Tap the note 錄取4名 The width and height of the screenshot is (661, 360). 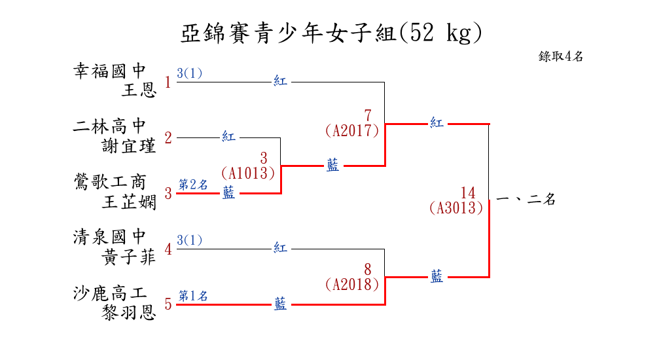pyautogui.click(x=561, y=56)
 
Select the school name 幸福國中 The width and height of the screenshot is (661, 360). pyautogui.click(x=110, y=71)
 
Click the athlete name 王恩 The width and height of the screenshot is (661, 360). pyautogui.click(x=139, y=90)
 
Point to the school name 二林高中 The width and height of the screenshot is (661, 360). pyautogui.click(x=110, y=126)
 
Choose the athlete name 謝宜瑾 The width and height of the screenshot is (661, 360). pyautogui.click(x=129, y=145)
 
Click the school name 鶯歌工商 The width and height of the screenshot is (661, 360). pyautogui.click(x=110, y=182)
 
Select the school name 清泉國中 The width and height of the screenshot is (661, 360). pyautogui.click(x=110, y=237)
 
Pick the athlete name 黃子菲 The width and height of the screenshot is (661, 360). pyautogui.click(x=129, y=257)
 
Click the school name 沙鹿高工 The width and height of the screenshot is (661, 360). pyautogui.click(x=110, y=293)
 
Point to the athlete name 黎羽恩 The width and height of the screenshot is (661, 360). pyautogui.click(x=129, y=312)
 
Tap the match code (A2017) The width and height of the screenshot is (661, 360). pyautogui.click(x=352, y=131)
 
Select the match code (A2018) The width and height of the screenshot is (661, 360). pyautogui.click(x=352, y=284)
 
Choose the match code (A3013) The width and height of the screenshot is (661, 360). pyautogui.click(x=456, y=208)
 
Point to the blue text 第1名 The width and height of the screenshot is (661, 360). pyautogui.click(x=193, y=296)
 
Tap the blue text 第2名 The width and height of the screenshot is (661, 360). pyautogui.click(x=193, y=185)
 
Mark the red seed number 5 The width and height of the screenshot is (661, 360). pyautogui.click(x=168, y=304)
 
